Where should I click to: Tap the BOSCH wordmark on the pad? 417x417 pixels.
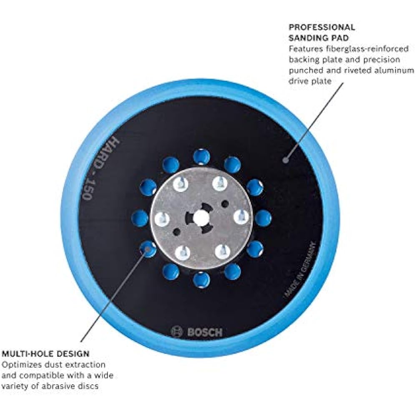[205, 332]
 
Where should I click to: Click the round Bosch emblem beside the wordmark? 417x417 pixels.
[177, 332]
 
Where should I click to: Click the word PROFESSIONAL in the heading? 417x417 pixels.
[322, 28]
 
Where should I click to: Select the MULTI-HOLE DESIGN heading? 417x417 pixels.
[45, 354]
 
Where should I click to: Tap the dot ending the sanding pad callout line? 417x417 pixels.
[285, 159]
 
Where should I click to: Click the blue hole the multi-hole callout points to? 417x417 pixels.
[147, 249]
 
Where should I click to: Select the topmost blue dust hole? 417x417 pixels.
[201, 156]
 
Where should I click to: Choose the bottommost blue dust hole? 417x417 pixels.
[201, 280]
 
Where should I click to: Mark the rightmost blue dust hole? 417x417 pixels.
[263, 218]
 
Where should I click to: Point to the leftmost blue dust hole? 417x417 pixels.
[140, 218]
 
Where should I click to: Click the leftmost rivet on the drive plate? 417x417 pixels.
[161, 218]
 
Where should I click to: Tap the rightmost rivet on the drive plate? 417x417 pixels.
[241, 217]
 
